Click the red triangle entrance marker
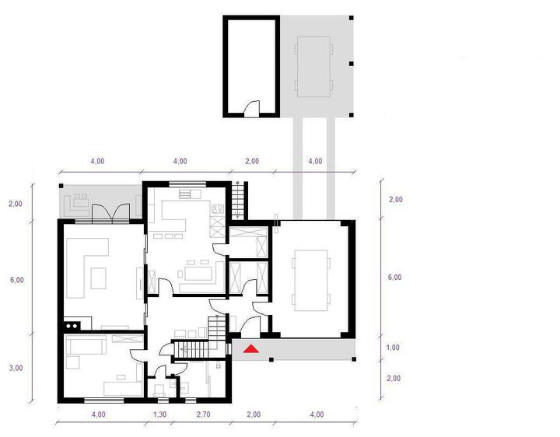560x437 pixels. [251, 348]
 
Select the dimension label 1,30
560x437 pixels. [159, 414]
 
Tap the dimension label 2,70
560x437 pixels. [203, 414]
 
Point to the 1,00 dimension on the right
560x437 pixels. [393, 348]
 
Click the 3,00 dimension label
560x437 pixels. [16, 368]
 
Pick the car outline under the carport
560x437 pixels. [314, 66]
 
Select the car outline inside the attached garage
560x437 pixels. [310, 281]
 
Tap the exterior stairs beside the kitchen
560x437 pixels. [237, 201]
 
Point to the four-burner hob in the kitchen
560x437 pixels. [218, 208]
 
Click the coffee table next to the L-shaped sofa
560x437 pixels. [98, 278]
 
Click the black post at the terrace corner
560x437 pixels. [61, 186]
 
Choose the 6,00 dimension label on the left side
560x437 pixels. [17, 280]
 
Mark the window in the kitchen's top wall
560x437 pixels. [187, 184]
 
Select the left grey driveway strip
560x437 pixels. [298, 168]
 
